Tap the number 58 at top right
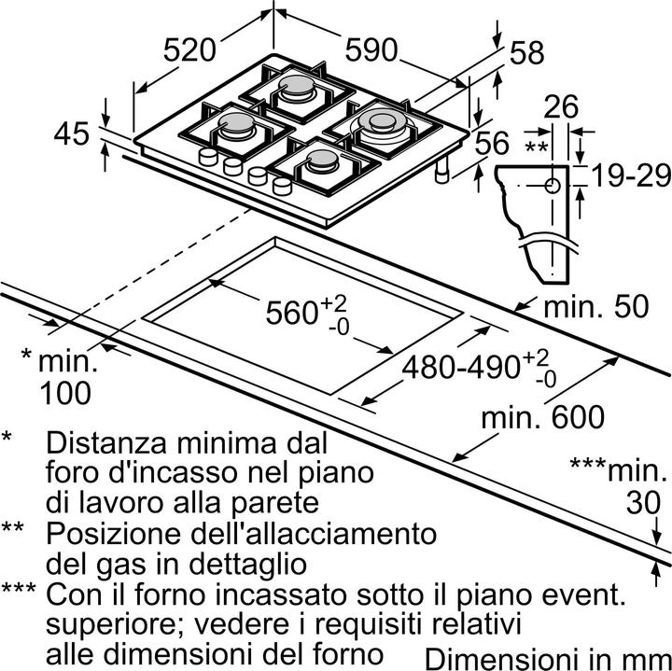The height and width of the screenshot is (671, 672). (525, 53)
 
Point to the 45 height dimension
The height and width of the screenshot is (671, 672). (72, 134)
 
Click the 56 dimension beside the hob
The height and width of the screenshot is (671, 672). (492, 143)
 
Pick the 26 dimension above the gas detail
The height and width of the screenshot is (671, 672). (562, 108)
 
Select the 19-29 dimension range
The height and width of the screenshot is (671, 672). (624, 175)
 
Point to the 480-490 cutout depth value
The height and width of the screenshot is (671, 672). (461, 367)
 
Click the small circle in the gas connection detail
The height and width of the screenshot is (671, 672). (553, 186)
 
